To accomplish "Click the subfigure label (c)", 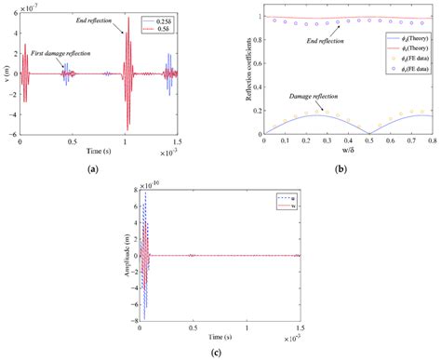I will click(220, 352).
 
